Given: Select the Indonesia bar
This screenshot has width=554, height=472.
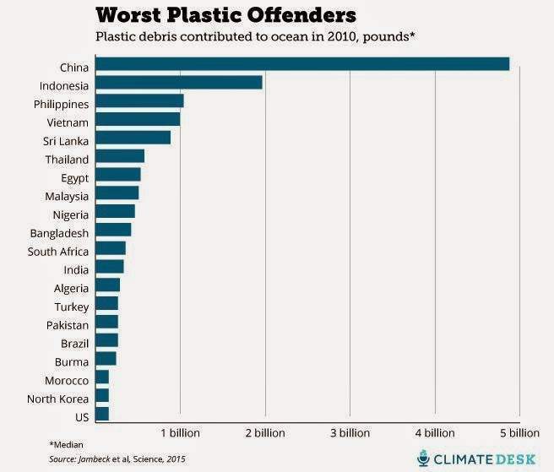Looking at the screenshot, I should tap(179, 83).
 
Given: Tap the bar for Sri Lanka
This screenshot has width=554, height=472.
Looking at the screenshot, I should tap(133, 138).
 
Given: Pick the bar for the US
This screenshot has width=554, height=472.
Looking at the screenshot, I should tap(102, 414).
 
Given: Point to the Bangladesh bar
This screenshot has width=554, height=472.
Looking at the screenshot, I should tap(113, 230).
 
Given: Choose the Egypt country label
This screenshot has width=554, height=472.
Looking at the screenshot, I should tap(74, 177).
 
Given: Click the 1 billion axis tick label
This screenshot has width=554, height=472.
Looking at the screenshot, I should tap(180, 433).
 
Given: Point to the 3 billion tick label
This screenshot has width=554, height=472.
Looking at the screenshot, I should tap(350, 433).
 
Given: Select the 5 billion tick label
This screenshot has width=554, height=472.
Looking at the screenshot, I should tap(519, 433).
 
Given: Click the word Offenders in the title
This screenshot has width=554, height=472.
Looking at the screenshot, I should tap(290, 16).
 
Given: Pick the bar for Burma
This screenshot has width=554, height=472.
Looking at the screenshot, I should tap(106, 359).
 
